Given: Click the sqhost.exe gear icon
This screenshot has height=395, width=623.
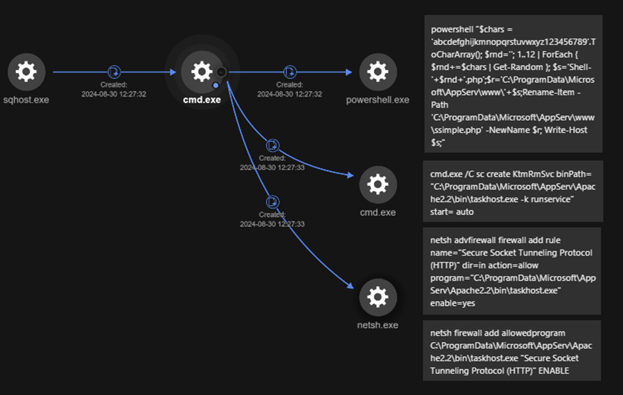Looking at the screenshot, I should point(26,72).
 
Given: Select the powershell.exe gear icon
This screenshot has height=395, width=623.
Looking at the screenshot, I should point(377,72).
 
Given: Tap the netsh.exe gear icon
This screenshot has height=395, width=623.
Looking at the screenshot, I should point(377,297).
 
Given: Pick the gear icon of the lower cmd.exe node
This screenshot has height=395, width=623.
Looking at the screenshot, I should point(377,185).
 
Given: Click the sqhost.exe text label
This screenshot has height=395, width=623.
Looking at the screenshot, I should point(26,100).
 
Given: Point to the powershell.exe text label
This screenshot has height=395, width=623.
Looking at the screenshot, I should point(377,100).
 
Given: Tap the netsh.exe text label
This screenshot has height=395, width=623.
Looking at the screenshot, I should point(377,325).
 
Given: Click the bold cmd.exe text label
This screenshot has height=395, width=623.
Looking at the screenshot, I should point(201,100).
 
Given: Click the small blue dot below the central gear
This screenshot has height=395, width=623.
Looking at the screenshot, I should point(216,85).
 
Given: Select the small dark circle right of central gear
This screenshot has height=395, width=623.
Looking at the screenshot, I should point(221,72).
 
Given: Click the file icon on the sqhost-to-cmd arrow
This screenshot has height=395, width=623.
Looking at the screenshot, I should point(113,72).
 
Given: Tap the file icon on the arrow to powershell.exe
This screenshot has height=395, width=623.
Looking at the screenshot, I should point(289,72).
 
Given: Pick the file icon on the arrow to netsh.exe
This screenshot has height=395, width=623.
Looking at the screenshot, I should point(272,202).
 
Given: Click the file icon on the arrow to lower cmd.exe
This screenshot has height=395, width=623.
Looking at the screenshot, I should point(272,144).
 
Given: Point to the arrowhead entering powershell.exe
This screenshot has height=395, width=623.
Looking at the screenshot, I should point(349,72).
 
